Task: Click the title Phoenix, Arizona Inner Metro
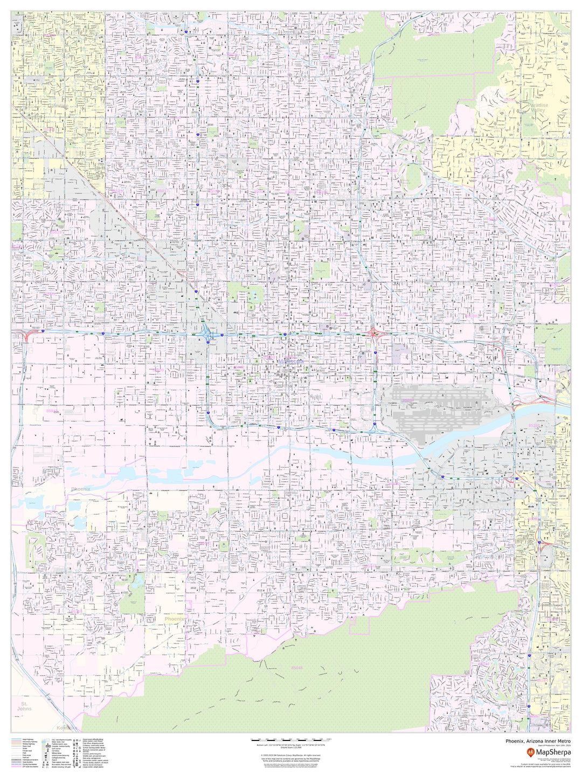(x=538, y=741)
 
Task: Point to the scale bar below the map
(x=291, y=739)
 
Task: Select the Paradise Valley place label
(x=537, y=107)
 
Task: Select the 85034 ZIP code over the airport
(x=408, y=400)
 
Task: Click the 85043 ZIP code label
(x=52, y=411)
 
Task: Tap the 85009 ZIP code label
(x=158, y=370)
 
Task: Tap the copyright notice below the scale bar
(x=291, y=755)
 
